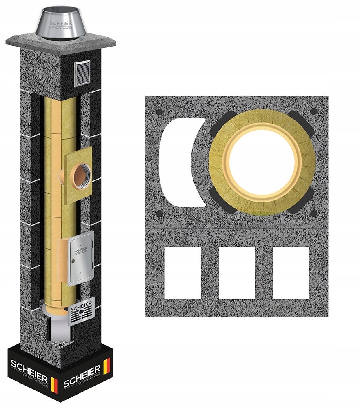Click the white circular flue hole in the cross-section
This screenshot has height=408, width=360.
click(262, 162)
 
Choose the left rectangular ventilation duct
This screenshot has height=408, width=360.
click(183, 272)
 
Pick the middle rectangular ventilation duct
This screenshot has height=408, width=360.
click(237, 272)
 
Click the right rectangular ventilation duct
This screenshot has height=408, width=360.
click(291, 272)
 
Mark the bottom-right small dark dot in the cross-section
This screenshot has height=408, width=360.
click(313, 213)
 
